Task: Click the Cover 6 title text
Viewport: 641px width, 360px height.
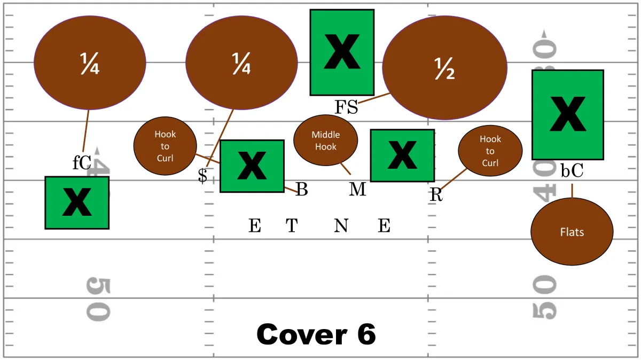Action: click(316, 334)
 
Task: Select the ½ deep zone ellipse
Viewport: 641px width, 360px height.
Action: click(444, 68)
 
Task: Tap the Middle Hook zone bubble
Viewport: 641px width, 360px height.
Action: click(326, 140)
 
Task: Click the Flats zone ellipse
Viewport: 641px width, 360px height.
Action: click(572, 231)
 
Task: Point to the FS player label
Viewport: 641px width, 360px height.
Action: click(346, 107)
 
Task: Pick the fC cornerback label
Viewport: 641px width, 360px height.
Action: click(82, 162)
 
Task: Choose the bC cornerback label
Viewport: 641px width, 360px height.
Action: click(572, 170)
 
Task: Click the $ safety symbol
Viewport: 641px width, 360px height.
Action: click(202, 175)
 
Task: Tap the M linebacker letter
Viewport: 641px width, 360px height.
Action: click(357, 189)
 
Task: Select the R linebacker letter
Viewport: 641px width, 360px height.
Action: click(436, 195)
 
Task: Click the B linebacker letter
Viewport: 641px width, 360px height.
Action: click(302, 189)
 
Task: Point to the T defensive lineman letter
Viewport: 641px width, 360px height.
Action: click(292, 225)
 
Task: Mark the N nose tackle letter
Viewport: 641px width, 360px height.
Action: click(341, 225)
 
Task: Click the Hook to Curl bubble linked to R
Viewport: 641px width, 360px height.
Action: click(490, 151)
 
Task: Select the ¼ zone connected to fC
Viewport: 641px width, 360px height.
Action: click(90, 62)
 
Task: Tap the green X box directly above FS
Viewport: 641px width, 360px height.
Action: click(342, 52)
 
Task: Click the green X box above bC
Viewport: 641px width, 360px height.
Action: click(568, 115)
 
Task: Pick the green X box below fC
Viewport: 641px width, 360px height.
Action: click(77, 203)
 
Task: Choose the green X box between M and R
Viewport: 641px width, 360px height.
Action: click(403, 155)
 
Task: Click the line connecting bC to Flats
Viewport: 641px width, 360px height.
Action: click(572, 191)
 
